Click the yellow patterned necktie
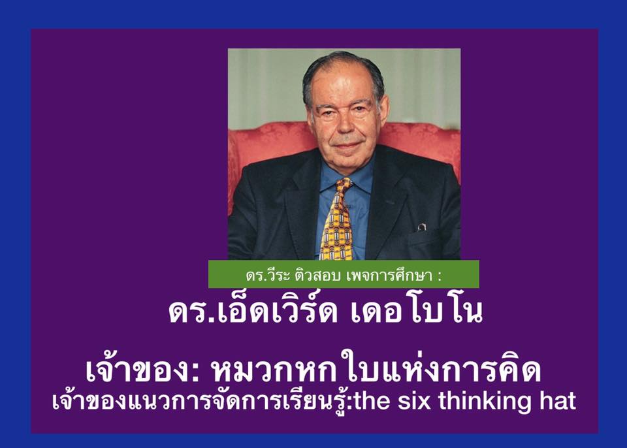(x=337, y=220)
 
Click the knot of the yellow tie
(x=344, y=185)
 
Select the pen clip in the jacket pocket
(x=421, y=227)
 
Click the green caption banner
(x=344, y=274)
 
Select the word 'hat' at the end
(x=557, y=401)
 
